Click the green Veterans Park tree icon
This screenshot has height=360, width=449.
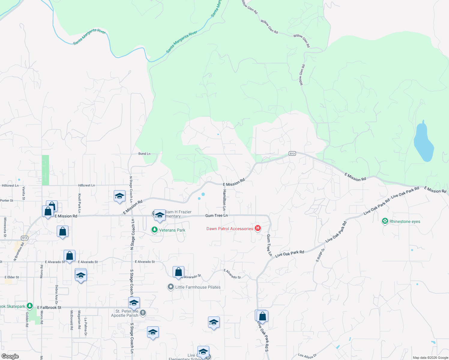154,230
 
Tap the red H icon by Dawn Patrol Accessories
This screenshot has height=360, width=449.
258,229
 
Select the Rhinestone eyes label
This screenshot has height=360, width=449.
405,222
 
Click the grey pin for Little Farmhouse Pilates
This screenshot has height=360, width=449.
170,287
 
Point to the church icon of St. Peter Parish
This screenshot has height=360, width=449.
143,313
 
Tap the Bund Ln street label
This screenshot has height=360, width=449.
144,154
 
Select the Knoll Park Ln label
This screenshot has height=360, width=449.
80,203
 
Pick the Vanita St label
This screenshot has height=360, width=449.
24,193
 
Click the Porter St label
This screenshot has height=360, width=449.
7,201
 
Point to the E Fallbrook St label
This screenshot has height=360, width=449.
49,307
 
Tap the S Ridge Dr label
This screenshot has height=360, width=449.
320,255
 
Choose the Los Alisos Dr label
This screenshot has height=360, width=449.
307,356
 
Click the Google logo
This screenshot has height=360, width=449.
10,356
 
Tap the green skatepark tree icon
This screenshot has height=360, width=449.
29,306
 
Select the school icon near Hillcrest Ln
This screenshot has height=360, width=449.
119,196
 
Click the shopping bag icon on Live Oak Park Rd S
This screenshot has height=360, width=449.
262,316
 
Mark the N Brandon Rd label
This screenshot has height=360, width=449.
19,252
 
